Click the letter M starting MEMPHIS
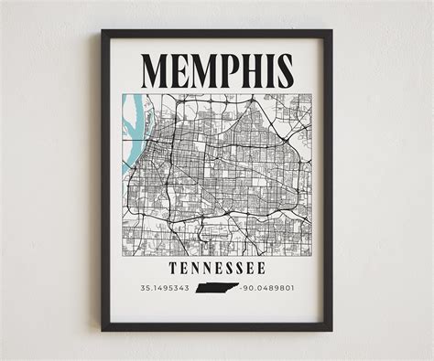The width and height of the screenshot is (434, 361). tap(157, 70)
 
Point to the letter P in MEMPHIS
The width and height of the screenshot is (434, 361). tap(225, 70)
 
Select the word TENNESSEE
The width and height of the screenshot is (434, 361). tap(217, 268)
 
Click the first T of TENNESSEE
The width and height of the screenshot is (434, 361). tap(173, 268)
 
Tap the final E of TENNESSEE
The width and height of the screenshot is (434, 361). tap(261, 268)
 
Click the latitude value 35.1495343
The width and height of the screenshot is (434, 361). tap(166, 289)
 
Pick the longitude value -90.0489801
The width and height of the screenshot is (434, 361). tap(268, 289)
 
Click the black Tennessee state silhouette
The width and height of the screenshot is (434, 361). tap(217, 289)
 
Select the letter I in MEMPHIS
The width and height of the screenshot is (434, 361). tap(266, 70)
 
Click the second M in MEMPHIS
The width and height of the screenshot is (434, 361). tap(201, 70)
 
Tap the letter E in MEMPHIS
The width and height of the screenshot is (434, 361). tap(179, 70)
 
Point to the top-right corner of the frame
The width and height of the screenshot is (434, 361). tap(331, 31)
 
